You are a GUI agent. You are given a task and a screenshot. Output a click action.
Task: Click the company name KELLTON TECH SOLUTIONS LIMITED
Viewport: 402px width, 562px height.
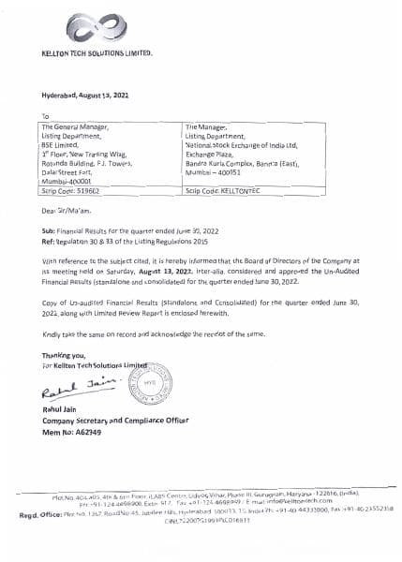click(97, 57)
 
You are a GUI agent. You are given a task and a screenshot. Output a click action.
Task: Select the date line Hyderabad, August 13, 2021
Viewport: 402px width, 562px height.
click(85, 97)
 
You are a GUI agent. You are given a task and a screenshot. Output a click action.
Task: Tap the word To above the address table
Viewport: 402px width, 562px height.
click(45, 115)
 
